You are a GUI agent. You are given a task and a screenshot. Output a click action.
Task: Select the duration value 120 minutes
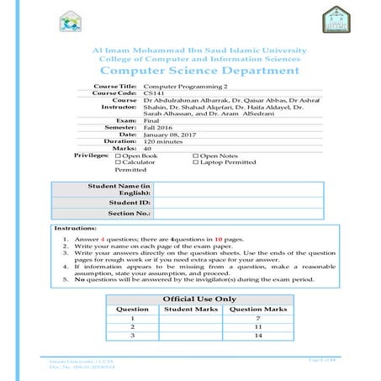pyautogui.click(x=163, y=141)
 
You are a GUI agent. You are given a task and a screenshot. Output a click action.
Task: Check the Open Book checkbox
pyautogui.click(x=118, y=156)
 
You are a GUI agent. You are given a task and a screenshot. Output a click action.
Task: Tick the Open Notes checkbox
pyautogui.click(x=196, y=156)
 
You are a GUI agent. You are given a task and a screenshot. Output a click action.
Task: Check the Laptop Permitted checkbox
pyautogui.click(x=196, y=162)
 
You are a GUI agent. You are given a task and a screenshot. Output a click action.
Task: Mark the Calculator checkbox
pyautogui.click(x=118, y=162)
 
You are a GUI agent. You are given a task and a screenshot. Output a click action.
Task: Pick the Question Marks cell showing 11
pyautogui.click(x=258, y=326)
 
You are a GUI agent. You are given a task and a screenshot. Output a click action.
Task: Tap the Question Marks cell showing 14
pyautogui.click(x=258, y=336)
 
